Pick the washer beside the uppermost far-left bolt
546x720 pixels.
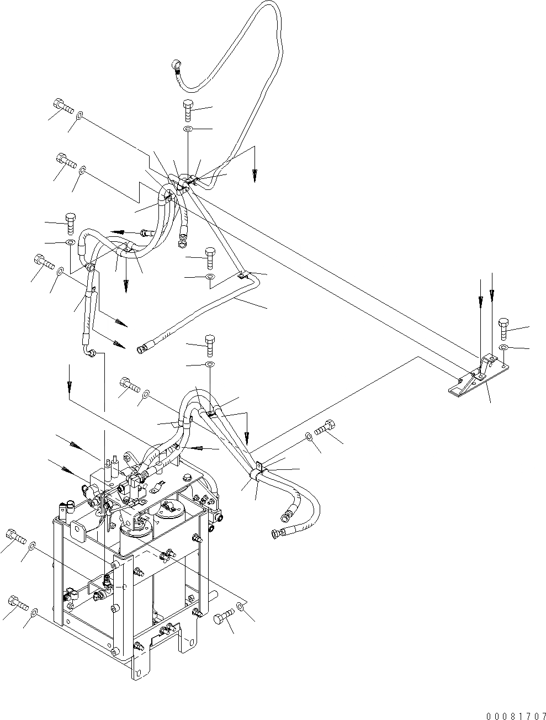(81, 116)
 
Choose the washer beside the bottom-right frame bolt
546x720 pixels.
(240, 607)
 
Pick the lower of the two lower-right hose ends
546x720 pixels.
(276, 533)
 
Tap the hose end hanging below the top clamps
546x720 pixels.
(182, 241)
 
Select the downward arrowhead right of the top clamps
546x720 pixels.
(255, 176)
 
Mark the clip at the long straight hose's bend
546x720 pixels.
(242, 274)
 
